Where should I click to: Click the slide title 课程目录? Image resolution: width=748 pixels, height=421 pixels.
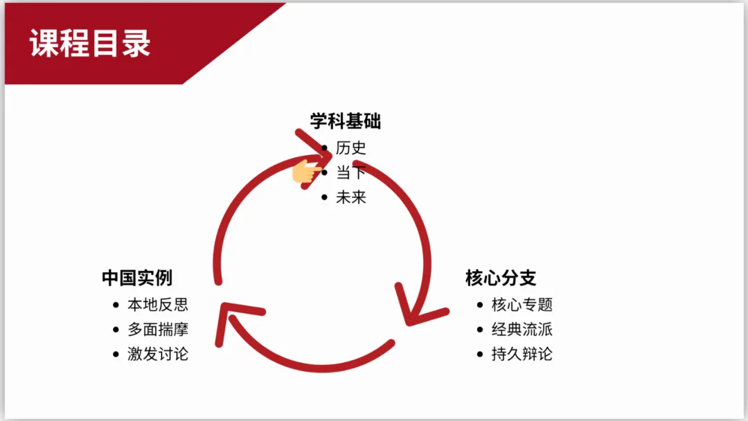(x=90, y=44)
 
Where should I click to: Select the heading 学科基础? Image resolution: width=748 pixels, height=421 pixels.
(x=345, y=122)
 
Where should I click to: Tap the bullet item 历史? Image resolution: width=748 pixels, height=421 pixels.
(x=350, y=147)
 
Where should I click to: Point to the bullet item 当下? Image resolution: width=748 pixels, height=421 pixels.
(x=350, y=172)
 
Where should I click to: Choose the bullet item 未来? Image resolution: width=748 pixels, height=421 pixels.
(x=350, y=197)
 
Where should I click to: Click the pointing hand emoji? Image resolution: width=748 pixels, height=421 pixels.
(x=305, y=172)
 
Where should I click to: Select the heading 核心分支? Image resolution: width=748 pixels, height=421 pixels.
(x=500, y=278)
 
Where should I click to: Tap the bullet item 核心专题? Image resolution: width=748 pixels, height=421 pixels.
(x=522, y=305)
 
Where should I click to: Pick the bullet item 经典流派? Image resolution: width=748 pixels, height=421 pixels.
(x=522, y=330)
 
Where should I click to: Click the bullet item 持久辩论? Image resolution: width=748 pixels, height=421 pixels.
(x=522, y=355)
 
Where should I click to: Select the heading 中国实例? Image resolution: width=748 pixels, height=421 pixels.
(x=136, y=278)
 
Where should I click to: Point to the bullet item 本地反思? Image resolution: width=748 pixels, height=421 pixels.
(x=157, y=305)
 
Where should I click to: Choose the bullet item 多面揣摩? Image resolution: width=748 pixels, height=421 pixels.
(x=157, y=330)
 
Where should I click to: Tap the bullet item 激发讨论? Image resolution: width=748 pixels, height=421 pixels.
(x=157, y=355)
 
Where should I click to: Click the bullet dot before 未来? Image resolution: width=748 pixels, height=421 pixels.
(x=324, y=197)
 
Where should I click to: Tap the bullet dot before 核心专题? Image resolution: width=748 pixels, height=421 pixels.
(x=480, y=305)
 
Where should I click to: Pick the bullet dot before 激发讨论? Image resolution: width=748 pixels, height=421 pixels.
(x=116, y=355)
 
